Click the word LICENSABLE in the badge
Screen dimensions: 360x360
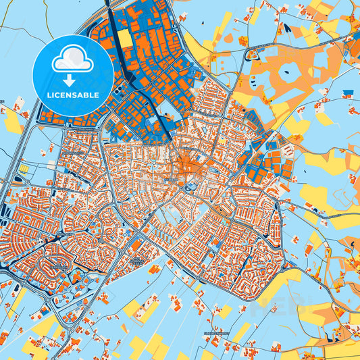[x=72, y=95]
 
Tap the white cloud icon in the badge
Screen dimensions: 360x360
[x=72, y=58]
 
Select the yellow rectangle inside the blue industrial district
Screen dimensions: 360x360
[x=125, y=38]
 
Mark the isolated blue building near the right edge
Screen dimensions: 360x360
[x=347, y=93]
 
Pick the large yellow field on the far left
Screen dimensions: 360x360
[x=12, y=122]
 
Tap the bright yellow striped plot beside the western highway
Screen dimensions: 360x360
[x=24, y=167]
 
